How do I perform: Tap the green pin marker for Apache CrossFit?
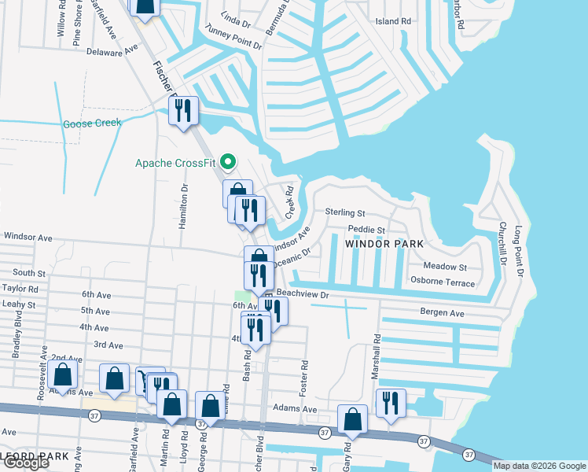(229, 164)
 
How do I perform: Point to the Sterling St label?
(345, 213)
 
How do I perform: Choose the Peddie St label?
(366, 230)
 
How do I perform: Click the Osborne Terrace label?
(443, 282)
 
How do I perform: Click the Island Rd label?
(393, 21)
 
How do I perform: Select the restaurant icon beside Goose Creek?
(184, 110)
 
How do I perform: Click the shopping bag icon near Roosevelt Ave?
(64, 375)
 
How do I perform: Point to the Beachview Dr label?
(301, 293)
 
